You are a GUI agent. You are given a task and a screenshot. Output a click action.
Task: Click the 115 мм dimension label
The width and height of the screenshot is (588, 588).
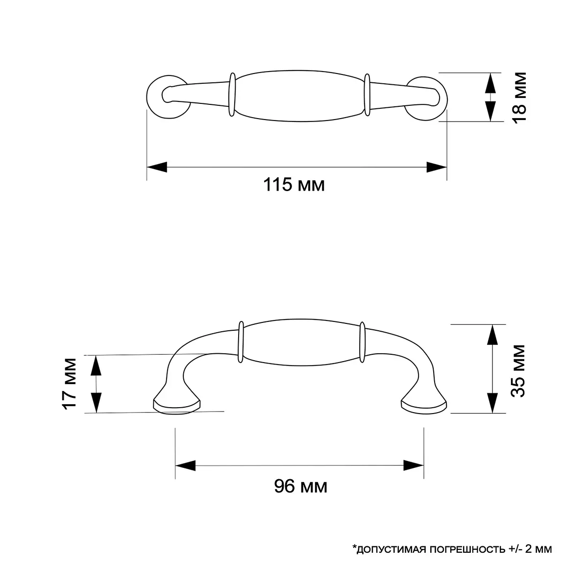pyautogui.click(x=294, y=185)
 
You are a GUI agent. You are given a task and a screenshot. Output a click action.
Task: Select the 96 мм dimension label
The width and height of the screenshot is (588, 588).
pyautogui.click(x=300, y=487)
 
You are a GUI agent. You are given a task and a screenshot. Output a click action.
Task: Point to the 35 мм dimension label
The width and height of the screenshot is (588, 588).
pyautogui.click(x=518, y=370)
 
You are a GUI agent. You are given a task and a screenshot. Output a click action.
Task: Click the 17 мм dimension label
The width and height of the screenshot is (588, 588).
pyautogui.click(x=69, y=384)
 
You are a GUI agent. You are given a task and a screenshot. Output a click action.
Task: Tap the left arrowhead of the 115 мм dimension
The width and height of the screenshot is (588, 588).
pyautogui.click(x=157, y=167)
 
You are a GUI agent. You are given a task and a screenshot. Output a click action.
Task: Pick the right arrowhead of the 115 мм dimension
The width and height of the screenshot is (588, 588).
pyautogui.click(x=437, y=167)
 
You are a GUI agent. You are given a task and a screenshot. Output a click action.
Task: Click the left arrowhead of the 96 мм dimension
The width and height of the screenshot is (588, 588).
pyautogui.click(x=185, y=465)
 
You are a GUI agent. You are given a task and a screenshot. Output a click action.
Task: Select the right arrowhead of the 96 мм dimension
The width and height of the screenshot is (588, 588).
pyautogui.click(x=414, y=465)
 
